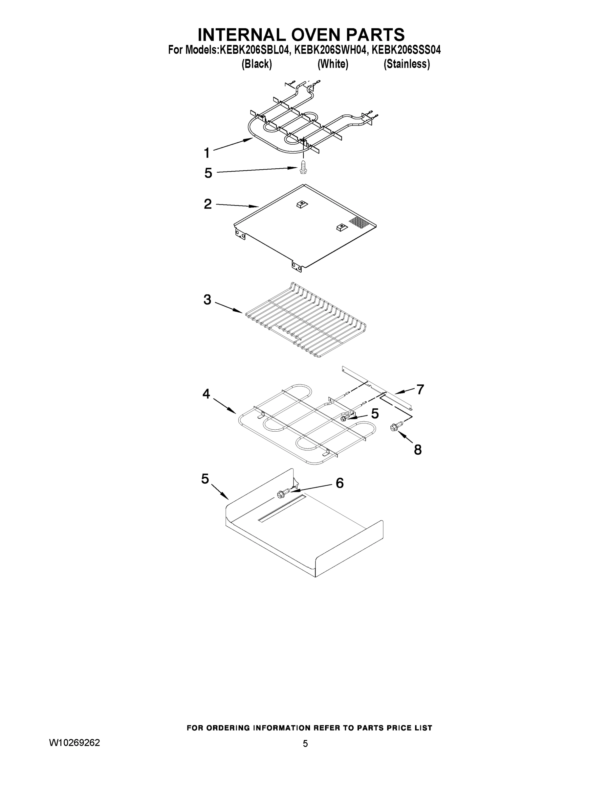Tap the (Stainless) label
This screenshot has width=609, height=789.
tap(406, 64)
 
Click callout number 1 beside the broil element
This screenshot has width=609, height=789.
tap(207, 153)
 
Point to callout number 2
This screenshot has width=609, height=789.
tap(208, 204)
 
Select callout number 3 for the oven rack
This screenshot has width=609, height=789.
tap(207, 299)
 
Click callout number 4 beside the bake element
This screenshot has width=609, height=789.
tap(206, 394)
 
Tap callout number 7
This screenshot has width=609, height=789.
tap(420, 390)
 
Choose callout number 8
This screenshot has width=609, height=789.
tap(417, 450)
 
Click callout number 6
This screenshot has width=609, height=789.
tap(339, 483)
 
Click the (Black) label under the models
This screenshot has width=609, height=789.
tap(256, 64)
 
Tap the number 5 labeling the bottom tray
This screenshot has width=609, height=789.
tap(205, 479)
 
